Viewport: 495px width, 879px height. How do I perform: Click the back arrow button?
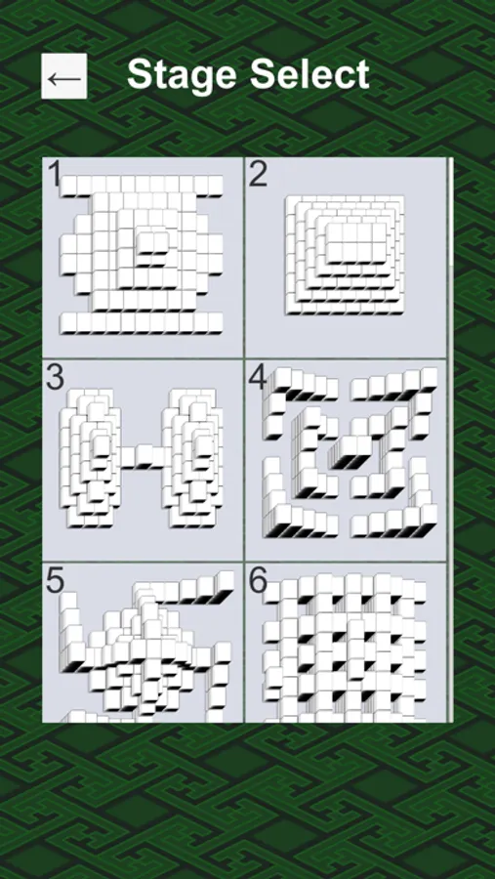[x=63, y=76]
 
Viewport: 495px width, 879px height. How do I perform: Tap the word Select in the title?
[x=310, y=73]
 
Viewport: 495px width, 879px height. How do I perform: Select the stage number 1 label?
[x=55, y=175]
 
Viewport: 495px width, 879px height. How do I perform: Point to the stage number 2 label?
[x=258, y=175]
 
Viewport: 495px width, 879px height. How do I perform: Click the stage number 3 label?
[x=55, y=377]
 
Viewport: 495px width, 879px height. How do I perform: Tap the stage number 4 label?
[x=258, y=377]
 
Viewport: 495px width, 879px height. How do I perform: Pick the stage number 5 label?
[x=55, y=581]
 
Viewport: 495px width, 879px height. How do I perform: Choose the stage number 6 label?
[x=258, y=581]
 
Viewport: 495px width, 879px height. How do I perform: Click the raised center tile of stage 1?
[x=152, y=244]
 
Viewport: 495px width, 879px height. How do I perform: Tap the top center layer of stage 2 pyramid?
[x=356, y=242]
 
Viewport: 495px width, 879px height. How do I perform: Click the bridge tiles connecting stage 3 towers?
[x=144, y=456]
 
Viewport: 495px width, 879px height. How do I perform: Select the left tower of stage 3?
[x=90, y=457]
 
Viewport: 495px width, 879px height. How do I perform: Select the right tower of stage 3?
[x=192, y=457]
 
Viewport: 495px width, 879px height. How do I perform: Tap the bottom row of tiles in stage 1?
[x=142, y=323]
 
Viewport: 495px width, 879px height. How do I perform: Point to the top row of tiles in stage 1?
[x=142, y=187]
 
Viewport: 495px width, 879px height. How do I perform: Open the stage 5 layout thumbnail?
[x=143, y=643]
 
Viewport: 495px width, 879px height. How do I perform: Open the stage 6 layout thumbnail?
[x=346, y=643]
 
